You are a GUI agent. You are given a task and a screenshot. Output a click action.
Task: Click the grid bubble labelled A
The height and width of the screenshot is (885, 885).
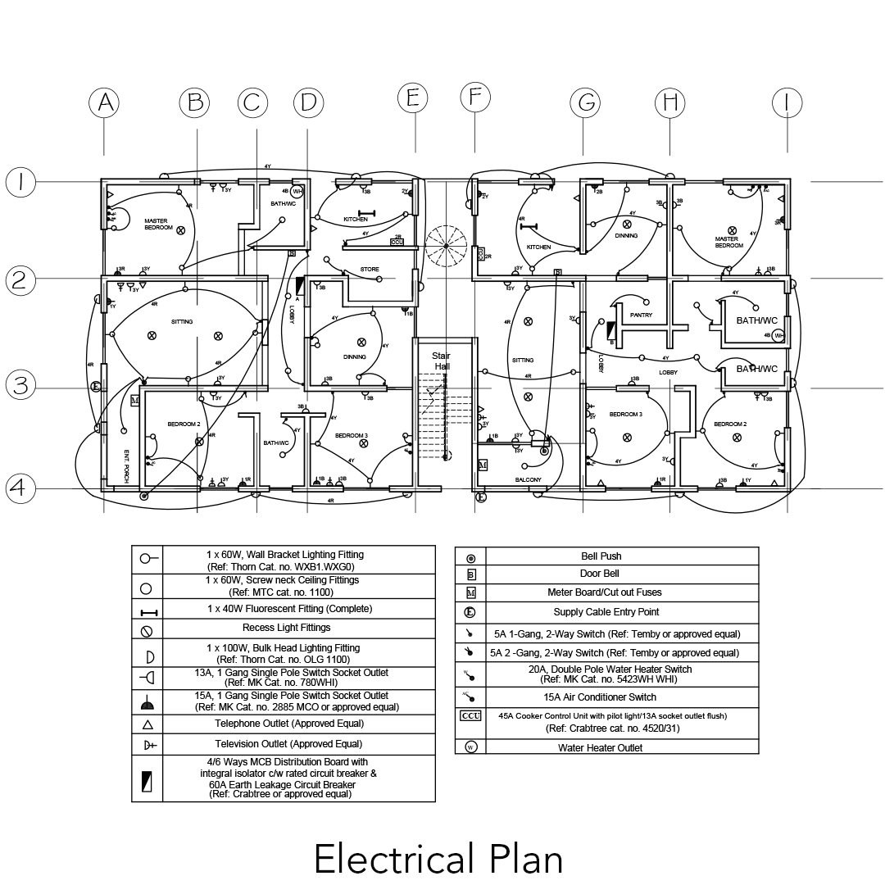click(x=104, y=102)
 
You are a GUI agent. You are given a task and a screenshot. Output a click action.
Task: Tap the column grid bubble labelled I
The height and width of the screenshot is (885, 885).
click(x=787, y=102)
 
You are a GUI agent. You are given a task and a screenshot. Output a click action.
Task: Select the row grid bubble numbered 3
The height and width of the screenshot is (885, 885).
click(x=20, y=385)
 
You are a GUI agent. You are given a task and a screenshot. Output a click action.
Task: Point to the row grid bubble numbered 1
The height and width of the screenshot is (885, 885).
click(x=20, y=182)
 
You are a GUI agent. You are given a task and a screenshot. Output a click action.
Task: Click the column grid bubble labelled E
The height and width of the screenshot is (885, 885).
click(x=413, y=98)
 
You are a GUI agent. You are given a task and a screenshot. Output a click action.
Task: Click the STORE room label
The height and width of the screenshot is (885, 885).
click(x=370, y=270)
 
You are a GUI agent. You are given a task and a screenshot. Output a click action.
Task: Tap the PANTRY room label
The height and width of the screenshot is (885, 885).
click(x=641, y=315)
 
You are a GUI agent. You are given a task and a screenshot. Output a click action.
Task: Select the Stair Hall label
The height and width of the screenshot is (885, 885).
click(x=442, y=361)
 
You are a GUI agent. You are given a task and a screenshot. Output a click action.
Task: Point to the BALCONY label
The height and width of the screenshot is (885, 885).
click(x=529, y=479)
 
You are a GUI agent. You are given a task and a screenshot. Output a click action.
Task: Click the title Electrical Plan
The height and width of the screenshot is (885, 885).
click(x=438, y=859)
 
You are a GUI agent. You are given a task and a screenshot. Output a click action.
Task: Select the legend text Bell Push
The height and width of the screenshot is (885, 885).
click(x=601, y=556)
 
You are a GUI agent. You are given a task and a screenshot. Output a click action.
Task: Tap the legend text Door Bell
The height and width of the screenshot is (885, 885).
click(x=601, y=574)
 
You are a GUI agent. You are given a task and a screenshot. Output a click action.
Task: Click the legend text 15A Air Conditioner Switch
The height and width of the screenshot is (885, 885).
click(x=601, y=697)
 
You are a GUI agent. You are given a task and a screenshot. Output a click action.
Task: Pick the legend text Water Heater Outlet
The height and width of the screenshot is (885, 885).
click(x=601, y=747)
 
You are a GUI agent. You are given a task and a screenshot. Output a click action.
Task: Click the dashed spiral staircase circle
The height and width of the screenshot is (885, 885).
click(x=446, y=246)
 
